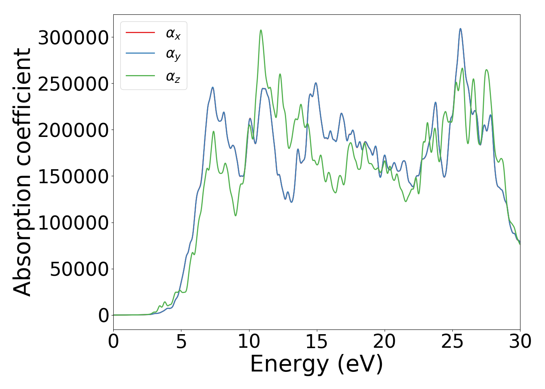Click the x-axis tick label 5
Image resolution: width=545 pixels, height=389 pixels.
tap(181, 342)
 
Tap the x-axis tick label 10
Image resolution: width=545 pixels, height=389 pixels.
tap(249, 342)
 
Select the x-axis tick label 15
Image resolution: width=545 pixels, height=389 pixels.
tap(317, 342)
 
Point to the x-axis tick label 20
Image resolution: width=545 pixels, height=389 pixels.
tap(385, 342)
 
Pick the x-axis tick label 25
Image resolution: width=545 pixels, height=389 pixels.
tap(452, 342)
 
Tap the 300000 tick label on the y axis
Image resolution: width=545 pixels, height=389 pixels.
tap(73, 38)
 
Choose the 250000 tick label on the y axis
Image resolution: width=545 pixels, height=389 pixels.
tap(73, 84)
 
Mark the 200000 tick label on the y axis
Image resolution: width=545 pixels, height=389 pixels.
tap(73, 130)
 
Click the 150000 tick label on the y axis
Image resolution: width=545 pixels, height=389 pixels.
tap(73, 177)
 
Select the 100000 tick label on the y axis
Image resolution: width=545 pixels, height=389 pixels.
tap(73, 223)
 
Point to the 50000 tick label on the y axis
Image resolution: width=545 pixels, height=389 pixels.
tap(79, 269)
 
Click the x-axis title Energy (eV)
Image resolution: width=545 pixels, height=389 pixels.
tap(316, 364)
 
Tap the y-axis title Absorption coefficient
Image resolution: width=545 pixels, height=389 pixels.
tap(22, 172)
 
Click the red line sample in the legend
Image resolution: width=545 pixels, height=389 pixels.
tap(141, 32)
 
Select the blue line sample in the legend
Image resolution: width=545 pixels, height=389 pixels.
tap(141, 54)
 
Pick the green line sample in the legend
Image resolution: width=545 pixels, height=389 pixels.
tap(141, 75)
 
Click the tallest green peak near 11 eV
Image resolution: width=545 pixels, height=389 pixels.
tap(261, 30)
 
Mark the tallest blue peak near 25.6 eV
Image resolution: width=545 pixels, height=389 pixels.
tap(461, 28)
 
